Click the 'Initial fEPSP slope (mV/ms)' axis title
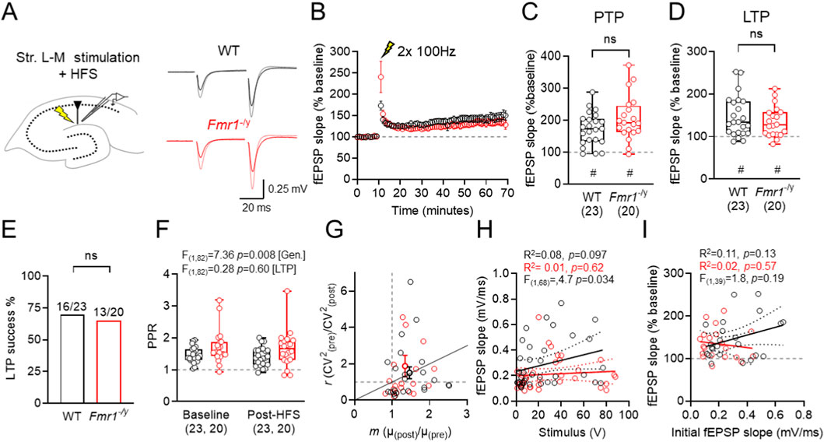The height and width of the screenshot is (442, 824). coord(745,427)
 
